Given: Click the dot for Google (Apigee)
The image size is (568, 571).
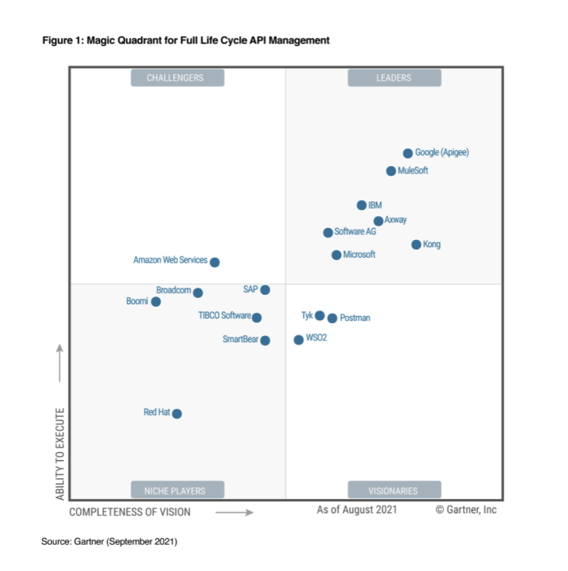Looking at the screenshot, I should [x=408, y=153].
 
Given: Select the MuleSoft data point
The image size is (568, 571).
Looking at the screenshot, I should [x=391, y=171].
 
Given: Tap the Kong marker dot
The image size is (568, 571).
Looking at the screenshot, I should [x=416, y=245].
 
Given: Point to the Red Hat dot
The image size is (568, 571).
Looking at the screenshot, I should [x=177, y=414].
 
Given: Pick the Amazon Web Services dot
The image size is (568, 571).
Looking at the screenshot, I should [x=215, y=262].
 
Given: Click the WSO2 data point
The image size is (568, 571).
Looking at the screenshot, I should [x=299, y=340].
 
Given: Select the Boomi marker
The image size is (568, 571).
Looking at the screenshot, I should [x=156, y=302].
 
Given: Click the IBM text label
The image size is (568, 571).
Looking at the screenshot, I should [x=375, y=206].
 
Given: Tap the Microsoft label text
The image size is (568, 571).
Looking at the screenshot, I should [x=359, y=255].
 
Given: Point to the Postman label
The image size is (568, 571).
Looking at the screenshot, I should [x=355, y=318].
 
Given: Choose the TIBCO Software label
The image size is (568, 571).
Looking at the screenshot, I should [x=224, y=316].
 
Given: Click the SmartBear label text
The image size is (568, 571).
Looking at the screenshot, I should [x=240, y=340].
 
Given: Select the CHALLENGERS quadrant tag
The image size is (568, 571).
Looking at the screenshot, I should [x=177, y=78].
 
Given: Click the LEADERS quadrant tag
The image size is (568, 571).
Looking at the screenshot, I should [x=394, y=78].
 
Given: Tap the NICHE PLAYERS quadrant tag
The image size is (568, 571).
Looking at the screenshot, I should [x=177, y=490].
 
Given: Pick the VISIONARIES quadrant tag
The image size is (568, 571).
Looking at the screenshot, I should [x=394, y=490].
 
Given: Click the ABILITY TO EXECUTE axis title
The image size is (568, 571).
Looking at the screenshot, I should [x=61, y=454].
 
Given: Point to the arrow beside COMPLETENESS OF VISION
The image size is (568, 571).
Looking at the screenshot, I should [x=234, y=512].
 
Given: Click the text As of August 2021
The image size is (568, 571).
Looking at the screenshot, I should [x=357, y=510].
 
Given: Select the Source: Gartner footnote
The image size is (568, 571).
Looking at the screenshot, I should [x=109, y=542].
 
